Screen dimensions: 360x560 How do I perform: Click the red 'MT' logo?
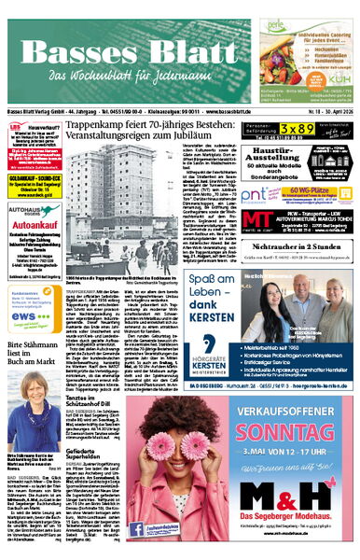[x=257, y=221]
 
